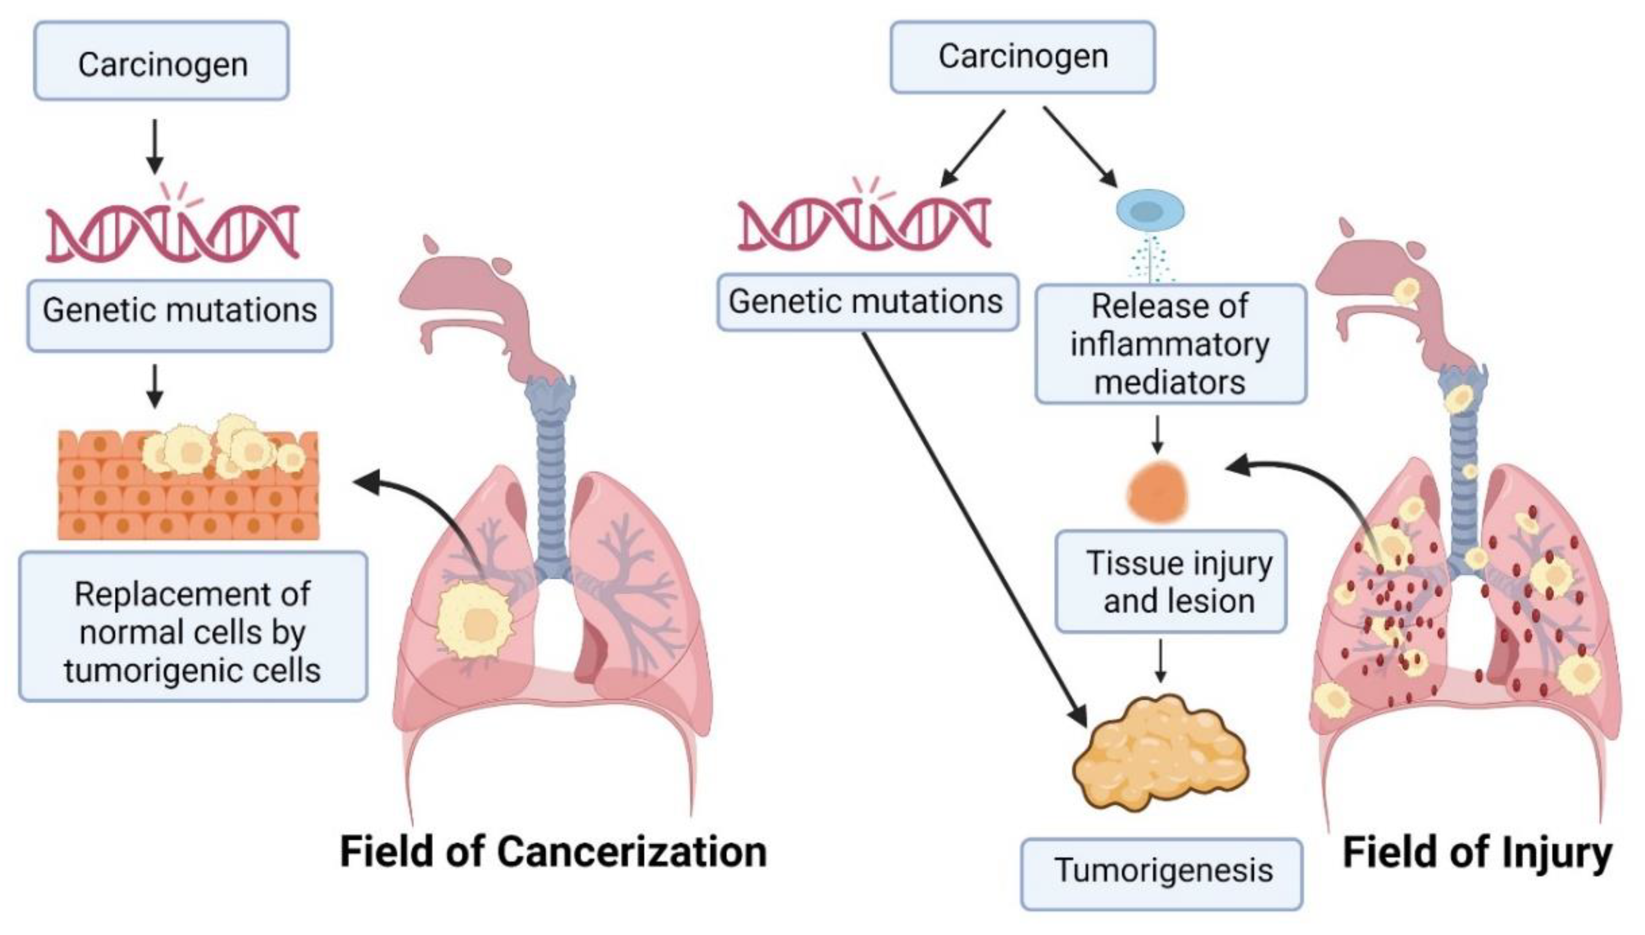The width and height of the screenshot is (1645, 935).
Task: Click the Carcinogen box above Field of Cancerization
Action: click(161, 61)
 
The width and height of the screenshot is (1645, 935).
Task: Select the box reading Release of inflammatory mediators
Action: click(1171, 344)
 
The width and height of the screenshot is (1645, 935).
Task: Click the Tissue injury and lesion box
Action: click(1171, 581)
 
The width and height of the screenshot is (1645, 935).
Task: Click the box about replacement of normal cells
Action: click(193, 626)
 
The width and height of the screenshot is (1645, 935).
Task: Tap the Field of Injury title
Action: click(1477, 853)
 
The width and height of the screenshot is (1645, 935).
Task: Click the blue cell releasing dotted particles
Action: click(1150, 211)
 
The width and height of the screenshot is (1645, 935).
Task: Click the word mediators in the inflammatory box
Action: click(1170, 383)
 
